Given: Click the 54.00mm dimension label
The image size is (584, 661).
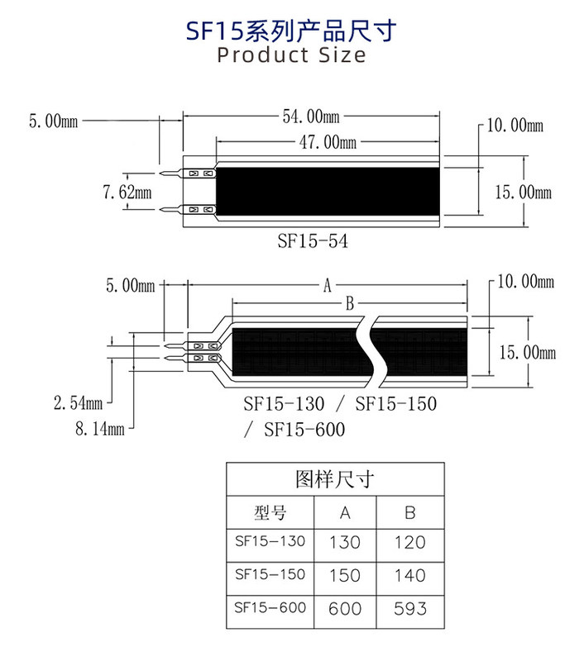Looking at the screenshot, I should pos(311,117).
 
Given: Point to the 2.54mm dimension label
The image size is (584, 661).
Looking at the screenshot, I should pos(78,403).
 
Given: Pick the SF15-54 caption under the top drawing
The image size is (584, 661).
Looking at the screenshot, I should pos(312,241).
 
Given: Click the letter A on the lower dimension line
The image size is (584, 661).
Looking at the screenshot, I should pos(327,286).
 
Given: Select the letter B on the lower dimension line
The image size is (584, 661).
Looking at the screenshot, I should pos(349,305).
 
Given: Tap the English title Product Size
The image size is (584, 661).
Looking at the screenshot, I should pos(291,55).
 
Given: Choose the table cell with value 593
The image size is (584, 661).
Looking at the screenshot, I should pos(410,608).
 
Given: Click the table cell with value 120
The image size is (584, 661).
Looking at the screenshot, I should pos(410,543).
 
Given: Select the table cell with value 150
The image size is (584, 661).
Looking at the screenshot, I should pos(345,575).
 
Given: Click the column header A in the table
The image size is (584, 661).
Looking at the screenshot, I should pos(345,512).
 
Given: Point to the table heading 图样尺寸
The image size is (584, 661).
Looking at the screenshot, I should pos(335,479).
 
